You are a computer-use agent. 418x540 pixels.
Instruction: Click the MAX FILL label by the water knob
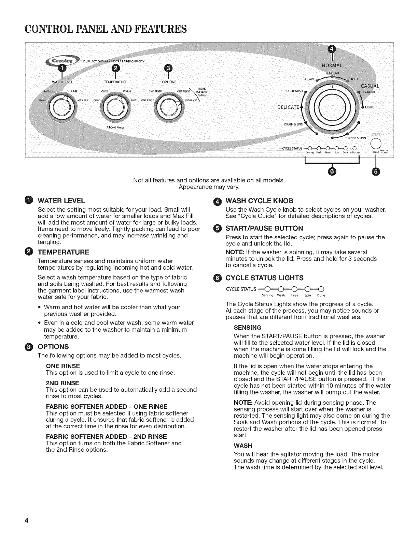[x=83, y=100]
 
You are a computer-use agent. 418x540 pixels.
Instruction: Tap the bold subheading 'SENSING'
[x=248, y=328]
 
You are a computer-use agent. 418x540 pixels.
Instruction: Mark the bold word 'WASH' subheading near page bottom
[x=243, y=446]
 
